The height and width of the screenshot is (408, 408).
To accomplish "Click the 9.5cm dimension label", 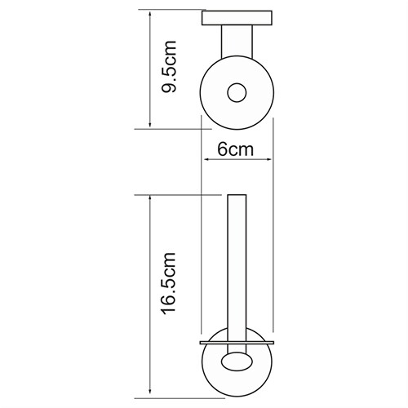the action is pos(169,66).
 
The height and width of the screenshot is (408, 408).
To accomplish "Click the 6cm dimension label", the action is pos(236,149).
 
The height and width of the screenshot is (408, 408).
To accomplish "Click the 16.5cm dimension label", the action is pos(169,284).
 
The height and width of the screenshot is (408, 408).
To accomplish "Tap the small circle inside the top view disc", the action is pos(237,93).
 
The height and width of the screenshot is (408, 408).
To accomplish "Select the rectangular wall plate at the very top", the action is pos(237,18).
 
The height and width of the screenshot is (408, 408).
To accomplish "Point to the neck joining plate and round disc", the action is pos(237,42).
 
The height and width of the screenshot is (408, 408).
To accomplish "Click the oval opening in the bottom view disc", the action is pos(237,361).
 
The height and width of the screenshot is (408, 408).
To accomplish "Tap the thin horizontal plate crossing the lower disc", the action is pos(237,343).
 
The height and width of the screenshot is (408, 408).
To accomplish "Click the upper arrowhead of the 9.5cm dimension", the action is pos(149,14).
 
